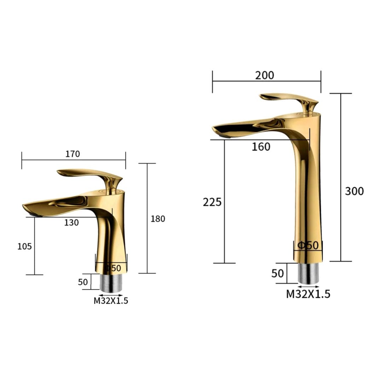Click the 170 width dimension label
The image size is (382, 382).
[x=73, y=154]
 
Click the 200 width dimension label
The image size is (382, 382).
[x=264, y=75]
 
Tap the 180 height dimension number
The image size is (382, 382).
[x=158, y=219]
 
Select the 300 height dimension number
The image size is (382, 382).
[x=354, y=191]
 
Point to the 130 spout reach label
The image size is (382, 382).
[x=71, y=223]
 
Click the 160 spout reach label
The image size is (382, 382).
[x=261, y=147]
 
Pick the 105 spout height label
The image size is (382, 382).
[x=25, y=246]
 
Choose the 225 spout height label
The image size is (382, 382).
[x=212, y=202]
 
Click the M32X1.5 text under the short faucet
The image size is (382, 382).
[x=111, y=301]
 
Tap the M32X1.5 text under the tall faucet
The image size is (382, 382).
[x=308, y=294]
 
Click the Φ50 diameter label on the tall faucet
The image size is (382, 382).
[x=308, y=245]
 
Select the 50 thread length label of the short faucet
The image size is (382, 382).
[x=83, y=282]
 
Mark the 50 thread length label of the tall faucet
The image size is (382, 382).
[x=278, y=273]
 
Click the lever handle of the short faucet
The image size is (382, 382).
[x=88, y=174]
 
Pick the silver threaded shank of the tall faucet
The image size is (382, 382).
[x=308, y=273]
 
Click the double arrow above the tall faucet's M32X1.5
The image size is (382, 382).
[x=308, y=287]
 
